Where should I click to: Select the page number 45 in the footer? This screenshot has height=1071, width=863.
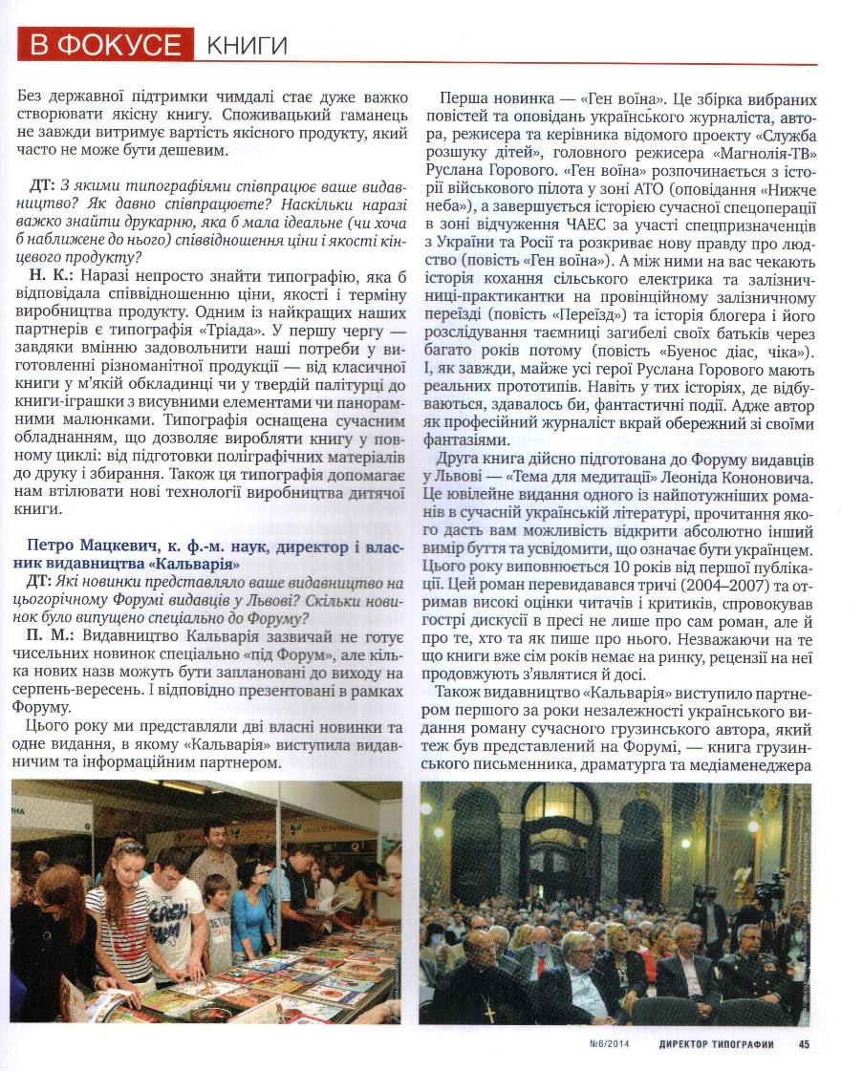pyautogui.click(x=804, y=1044)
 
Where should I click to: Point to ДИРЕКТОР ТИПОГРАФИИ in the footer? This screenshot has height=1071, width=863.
pyautogui.click(x=716, y=1044)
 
